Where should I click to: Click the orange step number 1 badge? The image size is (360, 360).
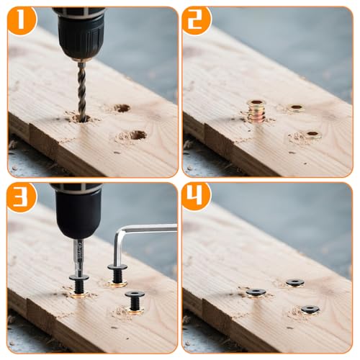[x=21, y=21]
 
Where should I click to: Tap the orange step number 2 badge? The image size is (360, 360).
[x=196, y=21]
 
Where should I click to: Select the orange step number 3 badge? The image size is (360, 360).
[x=21, y=197]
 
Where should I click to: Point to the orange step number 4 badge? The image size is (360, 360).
[x=196, y=197]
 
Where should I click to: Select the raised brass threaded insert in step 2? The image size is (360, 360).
[x=256, y=112]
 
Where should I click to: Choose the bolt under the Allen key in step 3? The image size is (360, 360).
[x=117, y=274]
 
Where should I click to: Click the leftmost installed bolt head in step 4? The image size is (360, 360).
[x=256, y=292]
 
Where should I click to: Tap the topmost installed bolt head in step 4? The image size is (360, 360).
[x=294, y=283]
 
